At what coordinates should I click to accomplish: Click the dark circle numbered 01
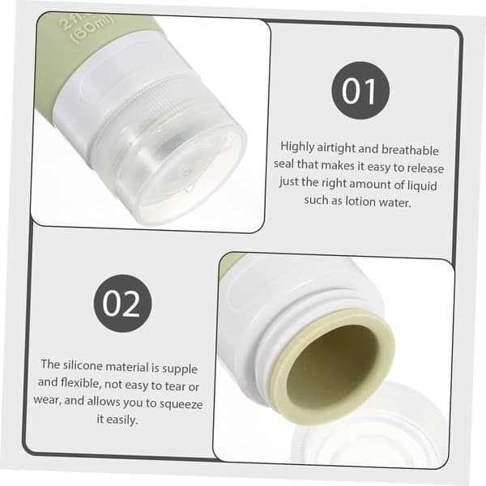coord(360,91)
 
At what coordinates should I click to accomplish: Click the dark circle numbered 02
coord(123,304)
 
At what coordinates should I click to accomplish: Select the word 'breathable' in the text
coord(410,150)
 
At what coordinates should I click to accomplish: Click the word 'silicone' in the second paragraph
coord(83,365)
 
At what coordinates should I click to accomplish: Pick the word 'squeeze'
coord(181,404)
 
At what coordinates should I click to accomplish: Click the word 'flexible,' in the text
coord(81,383)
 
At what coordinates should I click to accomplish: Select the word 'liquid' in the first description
coord(422,185)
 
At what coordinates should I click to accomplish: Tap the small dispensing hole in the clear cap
coord(186,172)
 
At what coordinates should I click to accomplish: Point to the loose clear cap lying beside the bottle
coord(372,434)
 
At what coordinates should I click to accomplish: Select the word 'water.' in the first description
coord(395,202)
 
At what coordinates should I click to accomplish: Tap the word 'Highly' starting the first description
coord(297,147)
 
